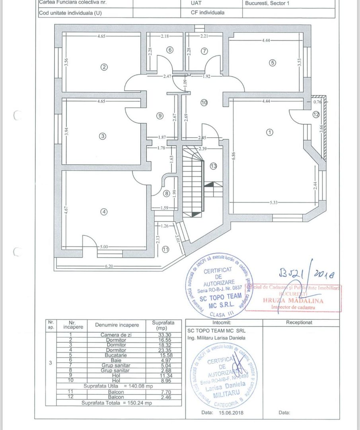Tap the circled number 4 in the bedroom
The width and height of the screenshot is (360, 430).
click(104, 212)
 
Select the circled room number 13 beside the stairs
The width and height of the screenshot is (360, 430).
click(214, 166)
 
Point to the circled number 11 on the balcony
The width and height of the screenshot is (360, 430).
click(165, 250)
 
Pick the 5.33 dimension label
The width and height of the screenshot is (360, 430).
click(273, 202)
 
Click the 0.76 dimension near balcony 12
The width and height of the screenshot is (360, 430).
click(317, 101)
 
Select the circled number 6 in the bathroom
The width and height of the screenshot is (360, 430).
click(170, 50)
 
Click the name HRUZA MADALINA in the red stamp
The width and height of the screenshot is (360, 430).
click(293, 301)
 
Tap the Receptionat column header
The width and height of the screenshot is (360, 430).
click(299, 322)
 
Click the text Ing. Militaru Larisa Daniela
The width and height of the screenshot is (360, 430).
click(216, 338)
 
